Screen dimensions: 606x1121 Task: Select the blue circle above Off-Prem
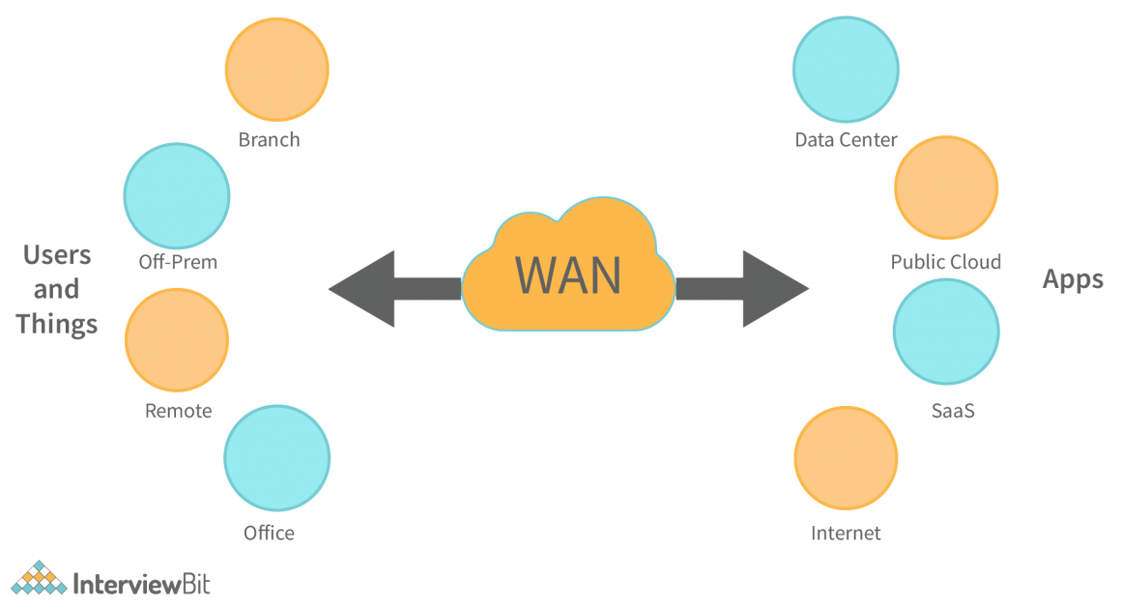coord(177,194)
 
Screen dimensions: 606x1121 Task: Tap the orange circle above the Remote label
coord(177,340)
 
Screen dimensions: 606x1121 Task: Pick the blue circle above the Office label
coord(276,457)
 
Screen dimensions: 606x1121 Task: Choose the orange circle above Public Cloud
coord(946,187)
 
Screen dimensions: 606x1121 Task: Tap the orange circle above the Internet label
coord(846,457)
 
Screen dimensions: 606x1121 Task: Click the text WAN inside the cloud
coord(567,274)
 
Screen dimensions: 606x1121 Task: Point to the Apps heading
coord(1073,279)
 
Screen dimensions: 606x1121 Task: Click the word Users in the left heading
coord(57,255)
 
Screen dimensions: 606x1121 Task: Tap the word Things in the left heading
coord(57,324)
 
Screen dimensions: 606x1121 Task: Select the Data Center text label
coord(846,140)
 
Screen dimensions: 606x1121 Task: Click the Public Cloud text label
coord(946,262)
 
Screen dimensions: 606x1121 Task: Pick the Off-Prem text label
coord(177,262)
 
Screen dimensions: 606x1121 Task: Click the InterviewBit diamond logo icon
coord(38,578)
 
